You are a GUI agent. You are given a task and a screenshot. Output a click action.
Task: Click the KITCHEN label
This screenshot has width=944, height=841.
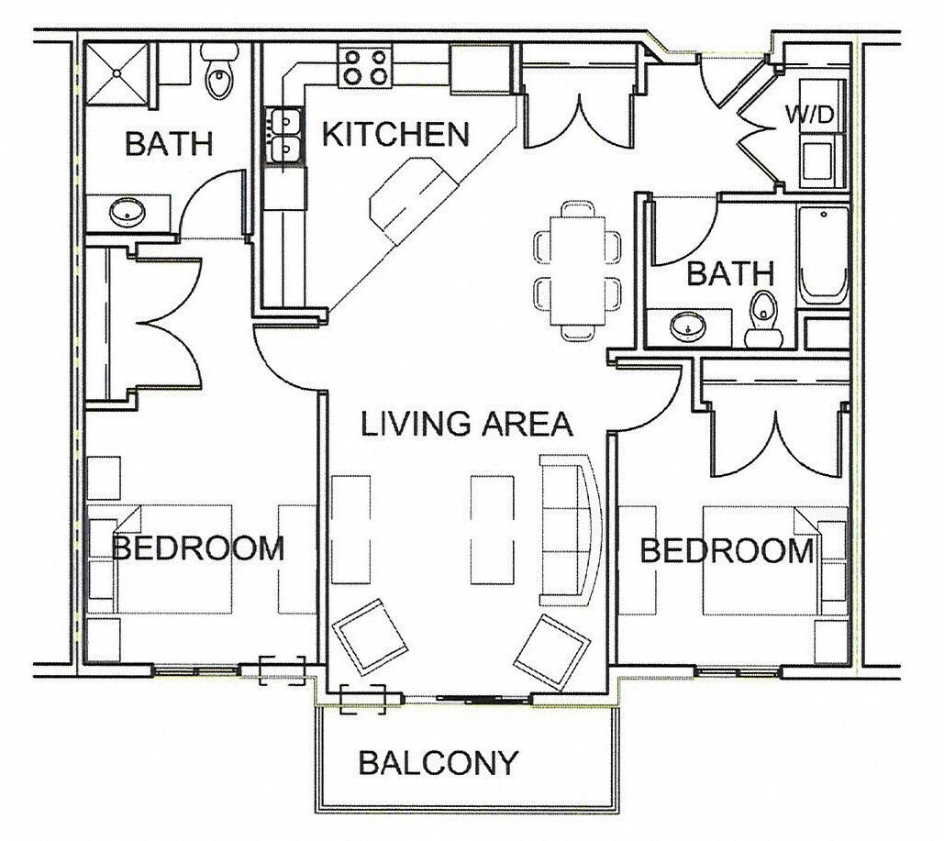pos(395,135)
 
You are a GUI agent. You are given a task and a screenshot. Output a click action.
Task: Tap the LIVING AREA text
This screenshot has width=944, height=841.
pos(466,424)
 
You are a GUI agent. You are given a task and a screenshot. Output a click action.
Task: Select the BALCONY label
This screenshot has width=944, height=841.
pos(439,762)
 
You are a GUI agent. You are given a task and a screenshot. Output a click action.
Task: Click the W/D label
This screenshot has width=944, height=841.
pos(810,116)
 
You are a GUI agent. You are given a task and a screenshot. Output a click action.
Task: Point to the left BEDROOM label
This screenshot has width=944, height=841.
pos(197,548)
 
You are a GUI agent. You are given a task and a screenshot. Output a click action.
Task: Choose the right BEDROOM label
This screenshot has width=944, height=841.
pos(726,550)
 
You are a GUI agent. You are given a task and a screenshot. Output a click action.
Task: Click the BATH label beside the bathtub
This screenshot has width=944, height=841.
pos(730,273)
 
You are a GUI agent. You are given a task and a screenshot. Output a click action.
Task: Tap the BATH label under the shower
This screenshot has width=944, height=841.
pos(169,144)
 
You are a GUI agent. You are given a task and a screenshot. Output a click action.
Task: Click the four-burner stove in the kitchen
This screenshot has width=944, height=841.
pos(364,66)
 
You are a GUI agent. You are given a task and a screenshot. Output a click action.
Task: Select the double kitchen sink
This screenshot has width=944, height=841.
pos(283,134)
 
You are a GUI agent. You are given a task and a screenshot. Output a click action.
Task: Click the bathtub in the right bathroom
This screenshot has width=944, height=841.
pos(823,254)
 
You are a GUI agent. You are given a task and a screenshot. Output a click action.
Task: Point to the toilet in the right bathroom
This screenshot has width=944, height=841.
pos(762,320)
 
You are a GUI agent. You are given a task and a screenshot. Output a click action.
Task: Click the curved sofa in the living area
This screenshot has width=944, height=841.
pos(569,532)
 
